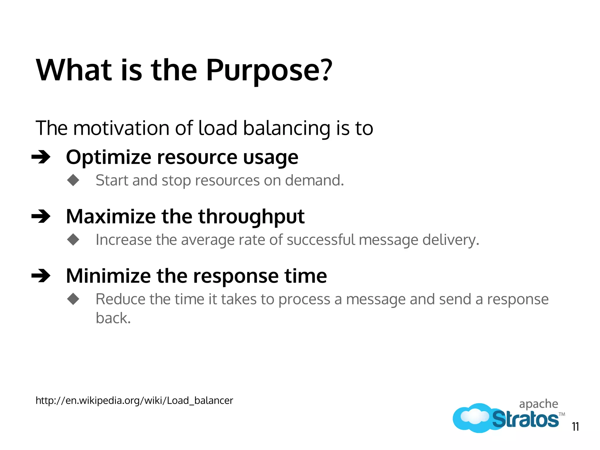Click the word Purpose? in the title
click(269, 71)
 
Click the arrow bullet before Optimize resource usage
click(41, 157)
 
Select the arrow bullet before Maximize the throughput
click(41, 217)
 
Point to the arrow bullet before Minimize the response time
click(41, 276)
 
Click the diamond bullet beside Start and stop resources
click(73, 180)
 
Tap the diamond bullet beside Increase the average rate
click(73, 240)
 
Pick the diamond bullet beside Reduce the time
click(73, 299)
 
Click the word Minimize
click(108, 276)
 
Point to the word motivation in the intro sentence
click(121, 128)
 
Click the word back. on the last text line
click(113, 318)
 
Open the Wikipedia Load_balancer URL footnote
click(134, 400)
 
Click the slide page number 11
click(575, 427)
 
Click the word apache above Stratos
click(538, 404)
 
